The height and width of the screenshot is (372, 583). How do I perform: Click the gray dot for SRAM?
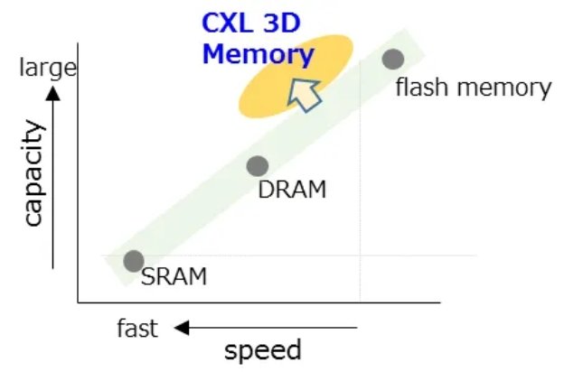134,261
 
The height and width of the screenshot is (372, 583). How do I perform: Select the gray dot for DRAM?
258,166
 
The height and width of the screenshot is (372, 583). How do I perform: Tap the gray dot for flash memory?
392,60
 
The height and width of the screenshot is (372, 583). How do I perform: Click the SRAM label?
174,276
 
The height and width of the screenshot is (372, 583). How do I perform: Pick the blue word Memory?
257,53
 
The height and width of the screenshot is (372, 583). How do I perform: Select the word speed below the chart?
262,350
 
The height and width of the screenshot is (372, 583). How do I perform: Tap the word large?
48,68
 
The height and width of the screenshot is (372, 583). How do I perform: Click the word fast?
137,328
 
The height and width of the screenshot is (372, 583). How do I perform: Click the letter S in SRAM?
147,276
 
